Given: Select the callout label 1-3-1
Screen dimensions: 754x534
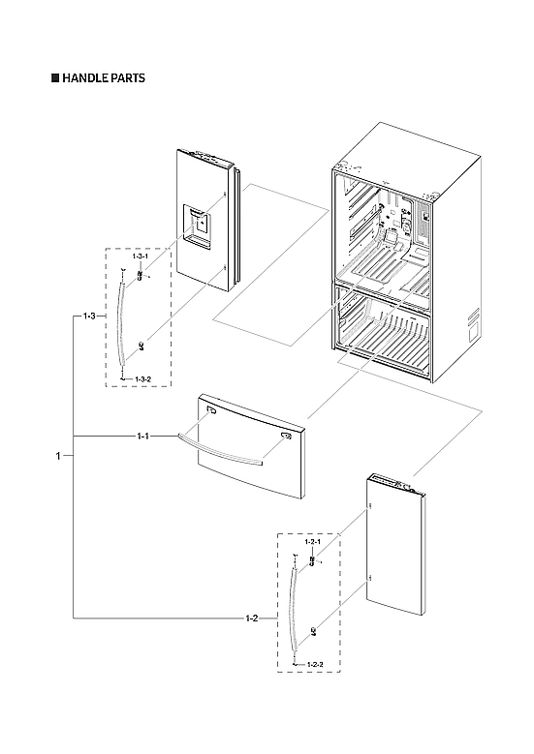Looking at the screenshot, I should [141, 256].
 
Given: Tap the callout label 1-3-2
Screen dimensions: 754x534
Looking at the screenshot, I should [141, 377].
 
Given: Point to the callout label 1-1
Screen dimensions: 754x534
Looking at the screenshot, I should [142, 437].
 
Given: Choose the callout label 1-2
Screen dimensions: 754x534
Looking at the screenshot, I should [252, 617].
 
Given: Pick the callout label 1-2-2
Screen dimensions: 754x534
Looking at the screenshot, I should [314, 665].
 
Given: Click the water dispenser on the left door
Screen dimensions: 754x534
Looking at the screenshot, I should [199, 225].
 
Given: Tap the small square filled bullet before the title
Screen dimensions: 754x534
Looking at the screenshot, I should [55, 78].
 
